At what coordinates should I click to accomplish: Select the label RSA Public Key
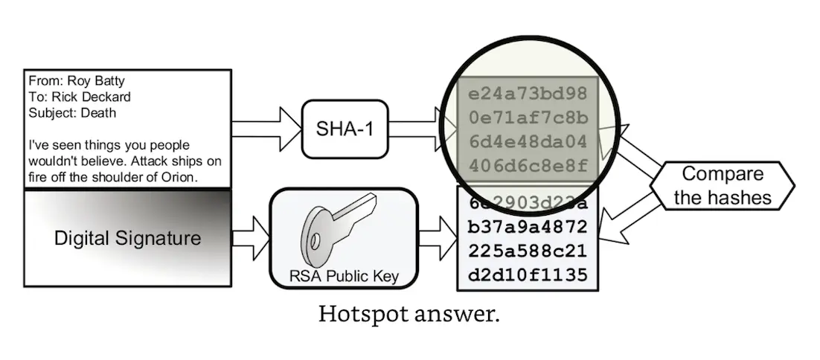tap(344, 277)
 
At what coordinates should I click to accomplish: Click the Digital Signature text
tap(127, 239)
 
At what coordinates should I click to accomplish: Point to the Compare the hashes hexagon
tap(723, 186)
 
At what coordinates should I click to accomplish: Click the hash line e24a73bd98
tap(528, 95)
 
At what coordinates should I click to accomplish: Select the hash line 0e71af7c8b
tap(528, 118)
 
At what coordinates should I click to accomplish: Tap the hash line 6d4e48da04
tap(528, 141)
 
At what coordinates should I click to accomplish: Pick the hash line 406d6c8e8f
tap(528, 164)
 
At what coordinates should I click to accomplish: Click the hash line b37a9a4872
tap(528, 225)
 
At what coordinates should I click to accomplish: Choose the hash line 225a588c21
tap(528, 250)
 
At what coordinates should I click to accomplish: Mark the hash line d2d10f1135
tap(528, 274)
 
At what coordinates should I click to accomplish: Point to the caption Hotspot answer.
tap(409, 314)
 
